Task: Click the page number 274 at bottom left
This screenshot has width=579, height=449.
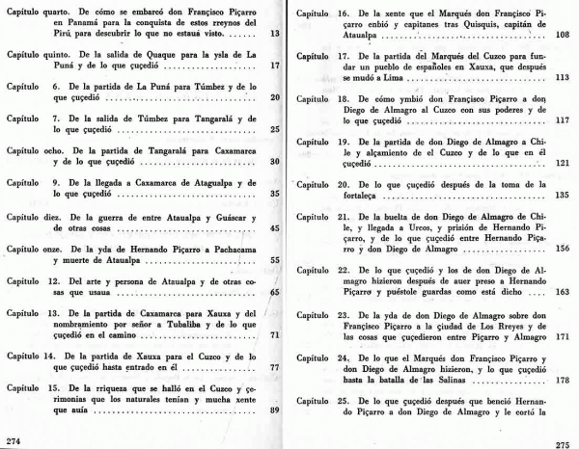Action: (x=14, y=440)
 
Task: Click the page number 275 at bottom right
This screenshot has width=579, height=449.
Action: (x=565, y=441)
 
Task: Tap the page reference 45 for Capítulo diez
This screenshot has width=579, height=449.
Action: (x=275, y=228)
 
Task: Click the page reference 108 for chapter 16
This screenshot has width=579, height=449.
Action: (x=564, y=34)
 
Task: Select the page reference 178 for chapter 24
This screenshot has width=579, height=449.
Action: (x=564, y=380)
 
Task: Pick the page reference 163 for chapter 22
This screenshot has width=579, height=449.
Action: (x=564, y=290)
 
